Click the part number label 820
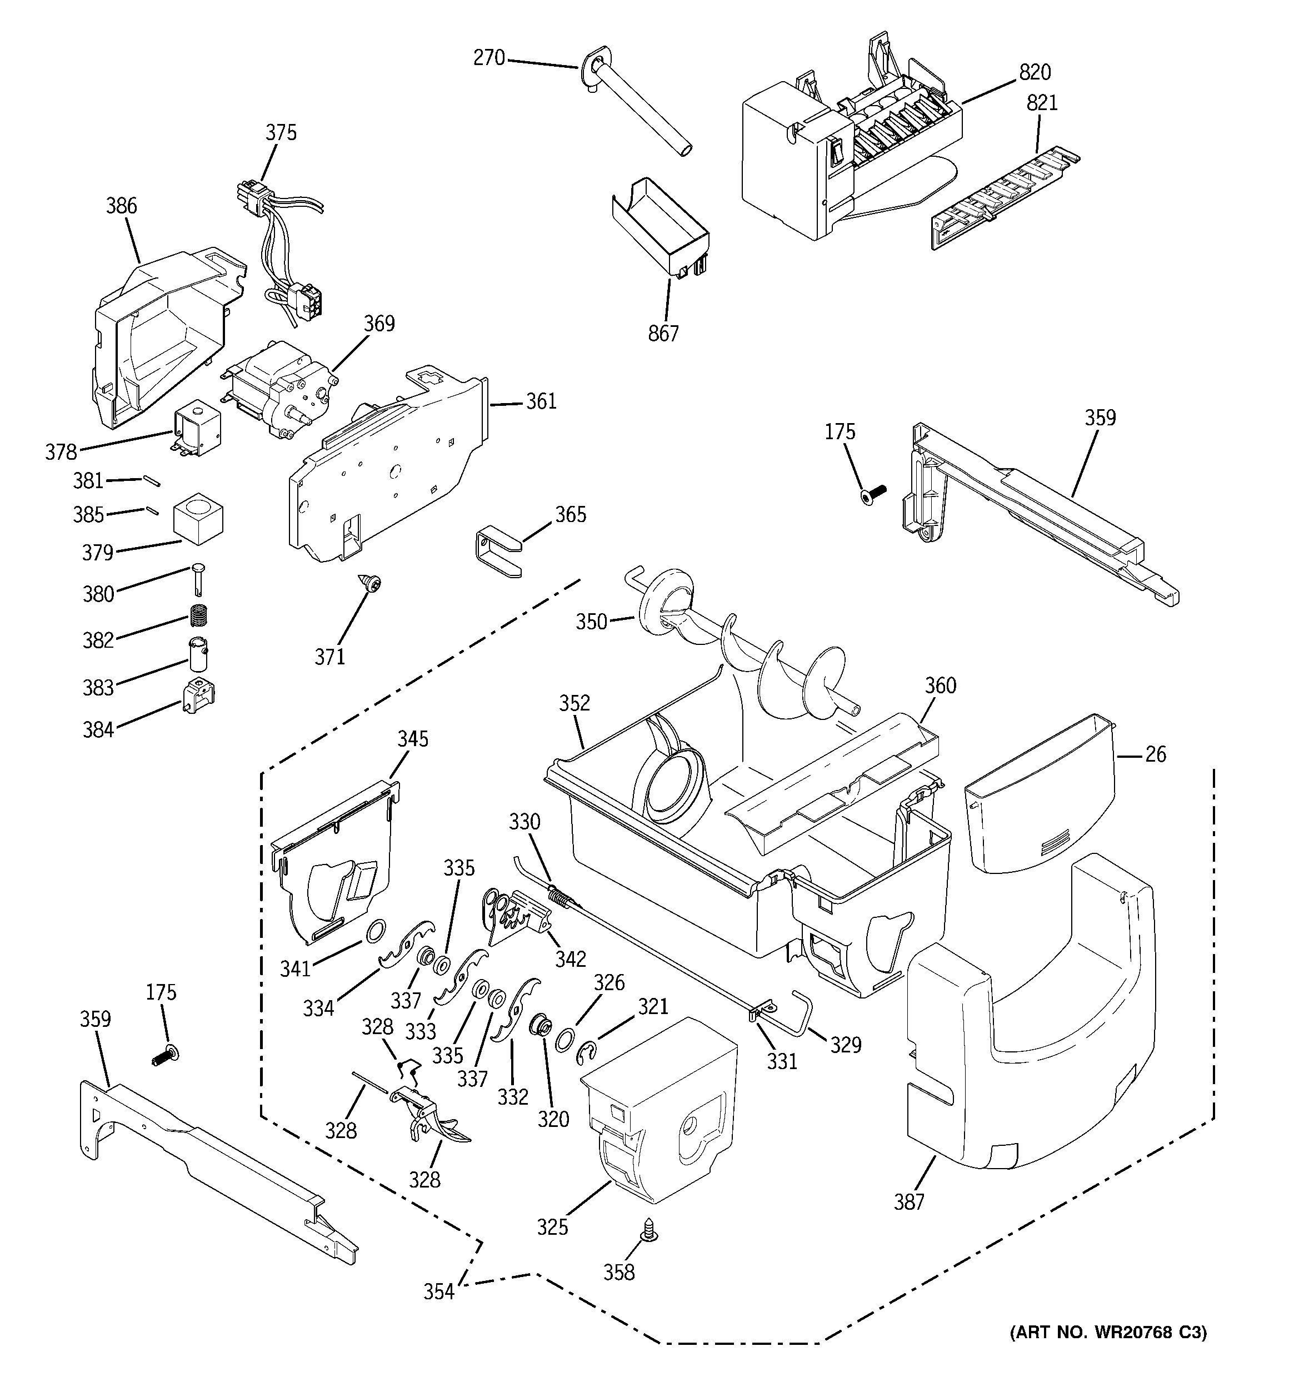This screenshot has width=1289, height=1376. tap(1035, 72)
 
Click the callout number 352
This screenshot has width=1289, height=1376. tap(574, 703)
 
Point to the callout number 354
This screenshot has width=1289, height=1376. tap(439, 1291)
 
